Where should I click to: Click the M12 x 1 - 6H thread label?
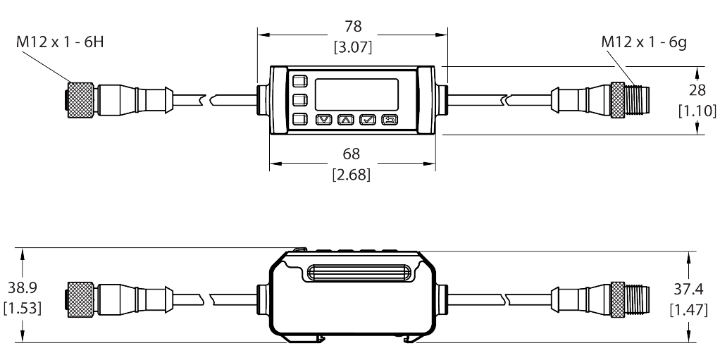pyautogui.click(x=60, y=42)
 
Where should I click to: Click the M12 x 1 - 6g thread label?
pyautogui.click(x=644, y=42)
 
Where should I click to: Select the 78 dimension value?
pyautogui.click(x=353, y=27)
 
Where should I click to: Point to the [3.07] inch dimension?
pyautogui.click(x=352, y=47)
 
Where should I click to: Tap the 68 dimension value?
pyautogui.click(x=352, y=154)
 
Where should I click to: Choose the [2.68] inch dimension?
pyautogui.click(x=352, y=175)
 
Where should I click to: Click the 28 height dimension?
pyautogui.click(x=697, y=90)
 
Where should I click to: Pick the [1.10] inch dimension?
pyautogui.click(x=697, y=111)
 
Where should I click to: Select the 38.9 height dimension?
pyautogui.click(x=23, y=287)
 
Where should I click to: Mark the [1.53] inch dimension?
pyautogui.click(x=23, y=308)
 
